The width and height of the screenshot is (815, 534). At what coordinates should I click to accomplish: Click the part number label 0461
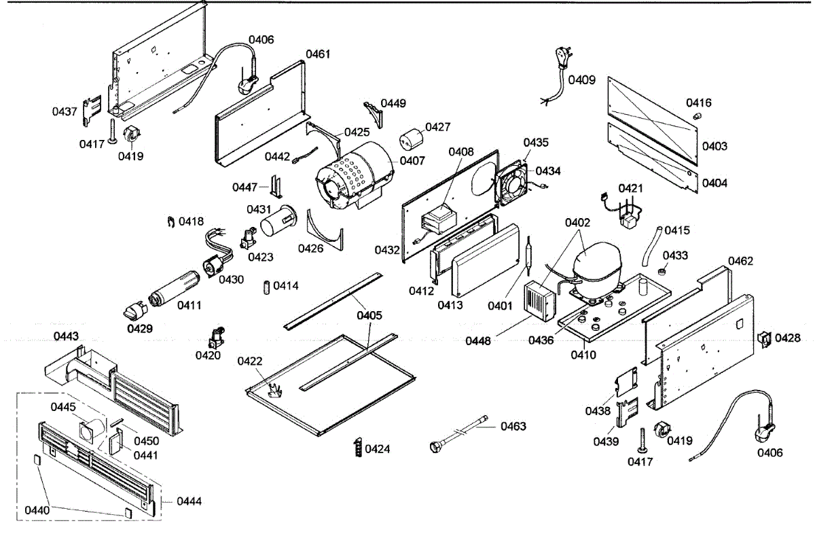click(x=318, y=54)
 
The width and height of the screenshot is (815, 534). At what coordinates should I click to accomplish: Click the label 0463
click(x=513, y=427)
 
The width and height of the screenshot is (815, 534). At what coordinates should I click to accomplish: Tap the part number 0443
click(x=66, y=336)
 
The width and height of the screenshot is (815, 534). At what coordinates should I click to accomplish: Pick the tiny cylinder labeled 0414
click(x=267, y=287)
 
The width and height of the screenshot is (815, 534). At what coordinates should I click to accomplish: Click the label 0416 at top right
click(x=698, y=103)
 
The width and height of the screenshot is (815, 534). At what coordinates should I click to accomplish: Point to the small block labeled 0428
click(x=765, y=338)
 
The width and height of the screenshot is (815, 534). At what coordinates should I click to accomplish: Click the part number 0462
click(x=740, y=262)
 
